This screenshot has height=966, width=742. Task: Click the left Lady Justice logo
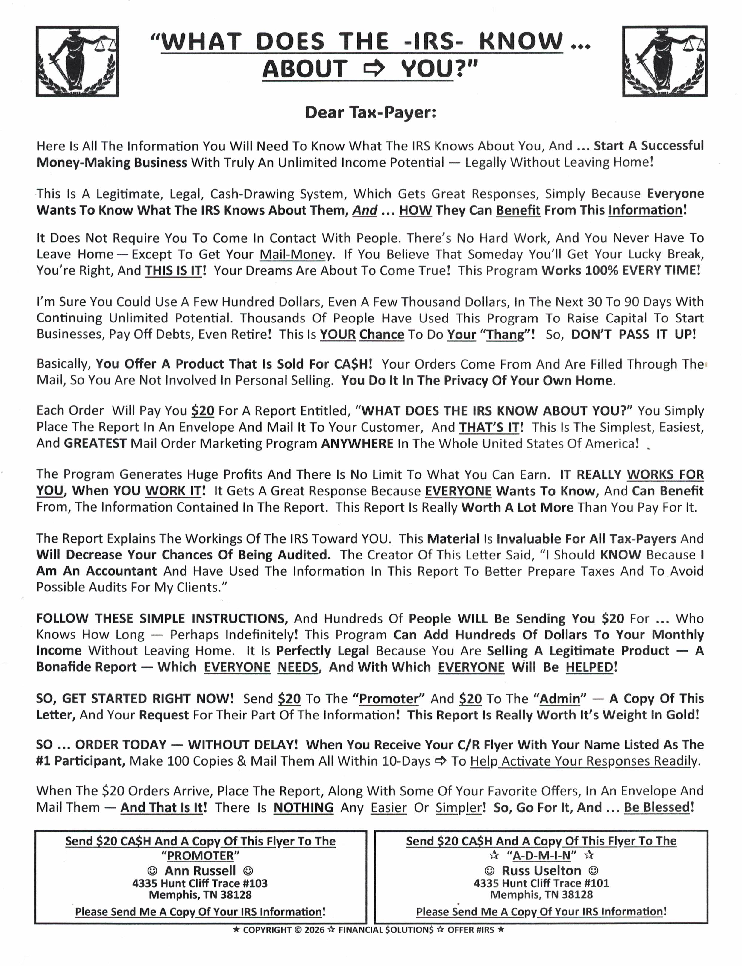[77, 61]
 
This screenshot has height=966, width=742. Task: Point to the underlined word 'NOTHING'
[304, 807]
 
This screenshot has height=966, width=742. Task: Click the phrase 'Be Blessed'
[656, 807]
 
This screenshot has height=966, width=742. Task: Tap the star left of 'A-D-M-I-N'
[494, 855]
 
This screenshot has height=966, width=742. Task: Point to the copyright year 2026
[315, 930]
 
